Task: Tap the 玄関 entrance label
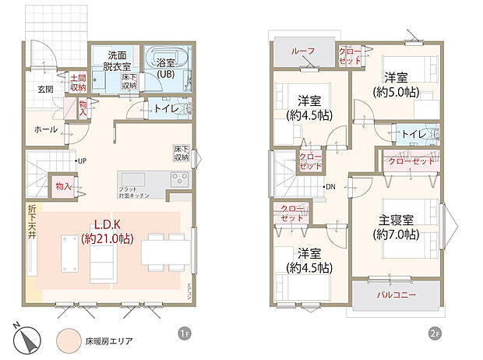point(44,90)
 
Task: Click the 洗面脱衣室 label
point(119,60)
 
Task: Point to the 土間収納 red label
point(78,83)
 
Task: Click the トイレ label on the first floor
point(164,110)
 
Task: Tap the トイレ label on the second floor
point(413,135)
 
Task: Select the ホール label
point(46,129)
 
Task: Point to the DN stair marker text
point(330,187)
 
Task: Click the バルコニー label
point(397,295)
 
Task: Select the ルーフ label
point(303,51)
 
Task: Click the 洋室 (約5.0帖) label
point(396,85)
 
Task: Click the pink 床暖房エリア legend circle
point(68,341)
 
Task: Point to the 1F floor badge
point(185,334)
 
